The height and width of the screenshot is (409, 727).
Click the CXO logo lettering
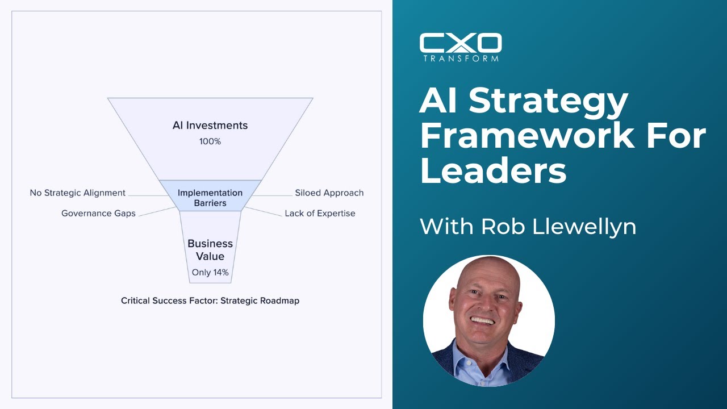pos(461,43)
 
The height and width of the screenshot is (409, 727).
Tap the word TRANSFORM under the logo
pos(461,58)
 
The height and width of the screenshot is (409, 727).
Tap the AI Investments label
pos(210,126)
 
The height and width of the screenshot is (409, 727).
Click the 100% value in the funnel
pos(210,141)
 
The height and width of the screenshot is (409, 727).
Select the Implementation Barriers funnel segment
pos(210,198)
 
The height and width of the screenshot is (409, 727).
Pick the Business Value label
pos(210,250)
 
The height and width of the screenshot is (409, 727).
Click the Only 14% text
pos(210,273)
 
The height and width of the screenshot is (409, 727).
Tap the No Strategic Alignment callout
pos(77,193)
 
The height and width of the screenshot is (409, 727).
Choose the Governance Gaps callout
pos(98,214)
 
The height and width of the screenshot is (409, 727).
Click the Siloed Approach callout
pos(329,193)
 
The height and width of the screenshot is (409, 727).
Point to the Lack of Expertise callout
pos(320,214)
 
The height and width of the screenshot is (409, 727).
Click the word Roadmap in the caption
pos(279,301)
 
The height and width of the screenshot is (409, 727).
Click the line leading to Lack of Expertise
pos(262,212)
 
